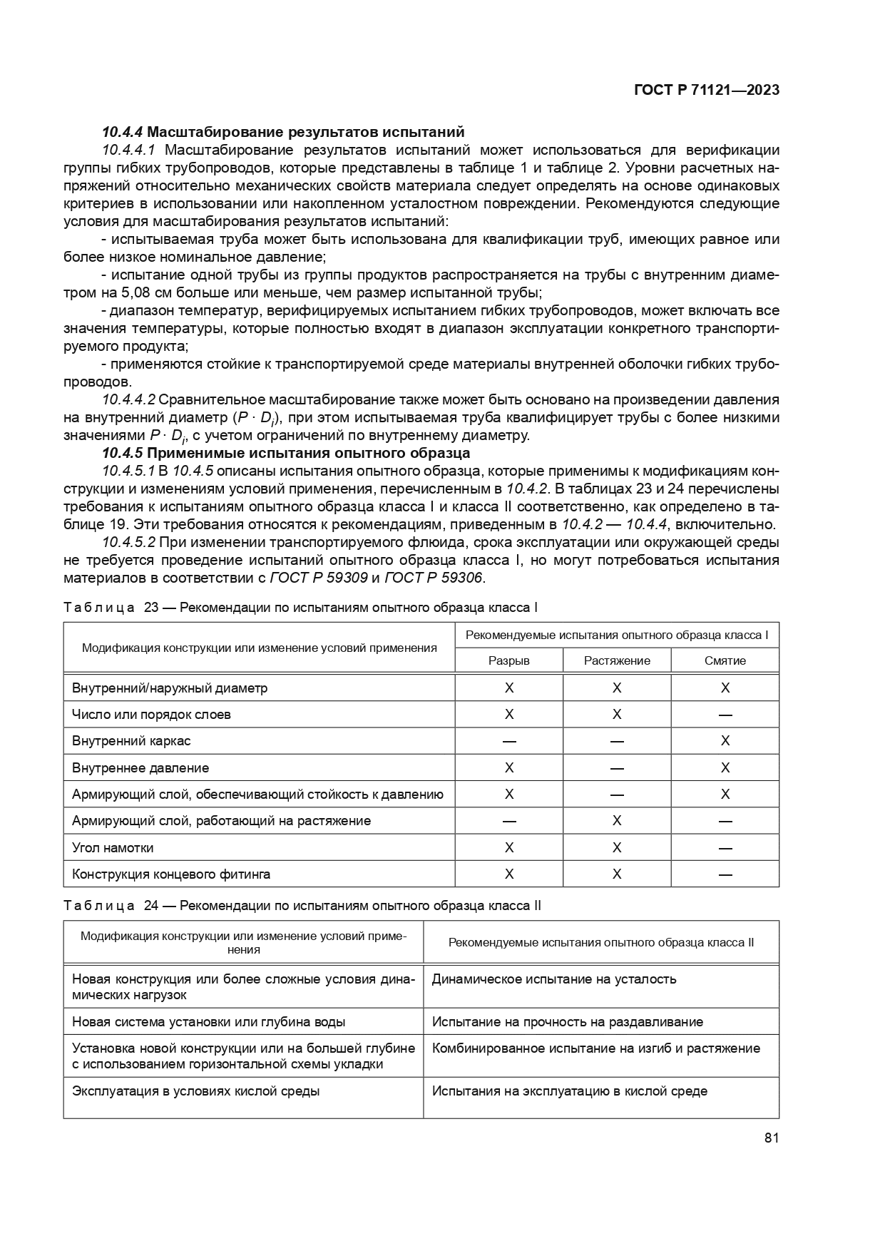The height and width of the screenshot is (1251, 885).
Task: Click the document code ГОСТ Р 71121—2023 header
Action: tap(706, 90)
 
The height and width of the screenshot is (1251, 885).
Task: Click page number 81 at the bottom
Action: tap(771, 1138)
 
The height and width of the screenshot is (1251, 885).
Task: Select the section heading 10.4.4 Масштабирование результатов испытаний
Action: tap(283, 132)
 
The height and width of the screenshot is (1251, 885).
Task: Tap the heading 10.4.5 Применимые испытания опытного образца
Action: tap(286, 453)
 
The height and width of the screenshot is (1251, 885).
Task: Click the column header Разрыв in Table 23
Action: tap(508, 660)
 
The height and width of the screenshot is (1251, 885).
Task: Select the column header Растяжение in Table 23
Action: tap(617, 660)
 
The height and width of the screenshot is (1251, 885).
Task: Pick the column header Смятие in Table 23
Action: tap(725, 660)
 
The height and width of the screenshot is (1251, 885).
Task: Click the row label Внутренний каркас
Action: tap(131, 741)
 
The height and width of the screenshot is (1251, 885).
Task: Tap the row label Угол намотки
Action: tap(113, 848)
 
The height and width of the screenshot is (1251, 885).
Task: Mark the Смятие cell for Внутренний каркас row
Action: tap(725, 741)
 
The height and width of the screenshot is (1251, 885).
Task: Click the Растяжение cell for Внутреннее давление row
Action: tap(617, 768)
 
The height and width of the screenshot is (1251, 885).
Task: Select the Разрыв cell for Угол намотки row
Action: tap(508, 848)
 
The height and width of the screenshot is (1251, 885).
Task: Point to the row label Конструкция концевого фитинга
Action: tap(171, 874)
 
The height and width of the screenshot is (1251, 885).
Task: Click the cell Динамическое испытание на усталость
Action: tap(554, 979)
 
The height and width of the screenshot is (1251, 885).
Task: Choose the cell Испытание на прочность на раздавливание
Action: tap(567, 1022)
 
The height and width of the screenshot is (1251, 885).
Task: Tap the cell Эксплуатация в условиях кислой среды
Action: tap(196, 1091)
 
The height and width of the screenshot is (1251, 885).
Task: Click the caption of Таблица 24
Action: tap(302, 906)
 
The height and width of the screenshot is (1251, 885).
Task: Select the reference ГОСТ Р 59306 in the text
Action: tap(433, 578)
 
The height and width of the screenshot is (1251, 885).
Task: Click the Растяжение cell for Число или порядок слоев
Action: tap(617, 715)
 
